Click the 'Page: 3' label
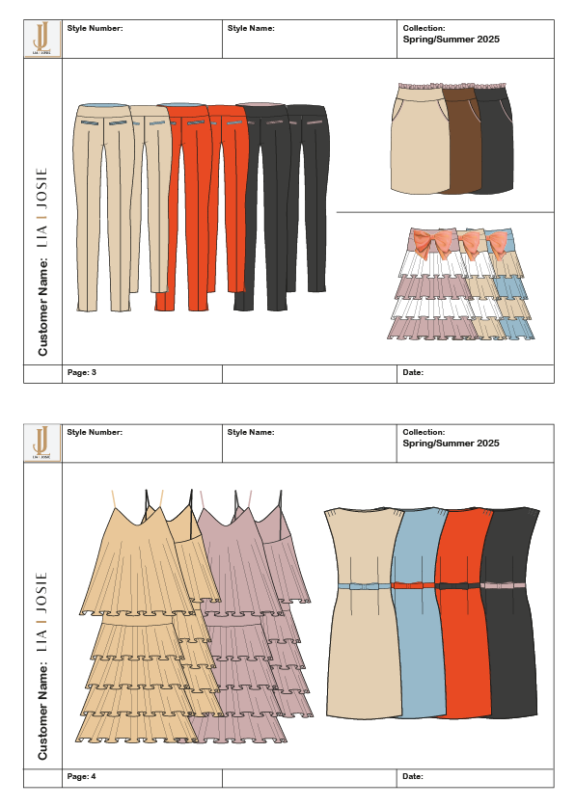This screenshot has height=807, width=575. coord(81,372)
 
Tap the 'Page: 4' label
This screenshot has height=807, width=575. coord(81,776)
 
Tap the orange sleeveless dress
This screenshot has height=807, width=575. coord(464,612)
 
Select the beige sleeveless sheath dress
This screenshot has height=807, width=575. coord(364,612)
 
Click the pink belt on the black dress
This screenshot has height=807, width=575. coord(503,585)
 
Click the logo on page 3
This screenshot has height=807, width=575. coord(42,39)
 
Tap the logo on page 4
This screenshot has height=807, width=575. coord(42,444)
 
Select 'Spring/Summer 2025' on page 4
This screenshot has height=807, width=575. coord(451,444)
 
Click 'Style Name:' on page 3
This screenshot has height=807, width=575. coord(251,28)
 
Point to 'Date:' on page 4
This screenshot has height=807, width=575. coord(413,776)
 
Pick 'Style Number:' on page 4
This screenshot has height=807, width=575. coord(95,432)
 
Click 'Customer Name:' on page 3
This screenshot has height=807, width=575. coord(42,307)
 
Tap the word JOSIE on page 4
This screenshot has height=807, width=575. coord(41,592)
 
